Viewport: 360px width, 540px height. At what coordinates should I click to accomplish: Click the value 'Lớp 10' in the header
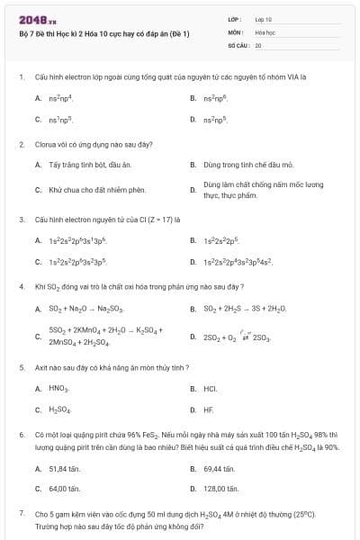click(263, 18)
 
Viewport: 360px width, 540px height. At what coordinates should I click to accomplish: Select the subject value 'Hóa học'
click(265, 31)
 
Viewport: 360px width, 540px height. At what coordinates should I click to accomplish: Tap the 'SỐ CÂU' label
click(238, 44)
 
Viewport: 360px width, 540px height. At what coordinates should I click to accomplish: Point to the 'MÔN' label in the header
click(234, 31)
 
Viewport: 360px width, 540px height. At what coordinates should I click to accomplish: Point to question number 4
click(22, 286)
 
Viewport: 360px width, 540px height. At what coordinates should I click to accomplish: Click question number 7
click(22, 512)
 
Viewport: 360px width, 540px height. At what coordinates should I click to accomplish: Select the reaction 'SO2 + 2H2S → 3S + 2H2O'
click(245, 309)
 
